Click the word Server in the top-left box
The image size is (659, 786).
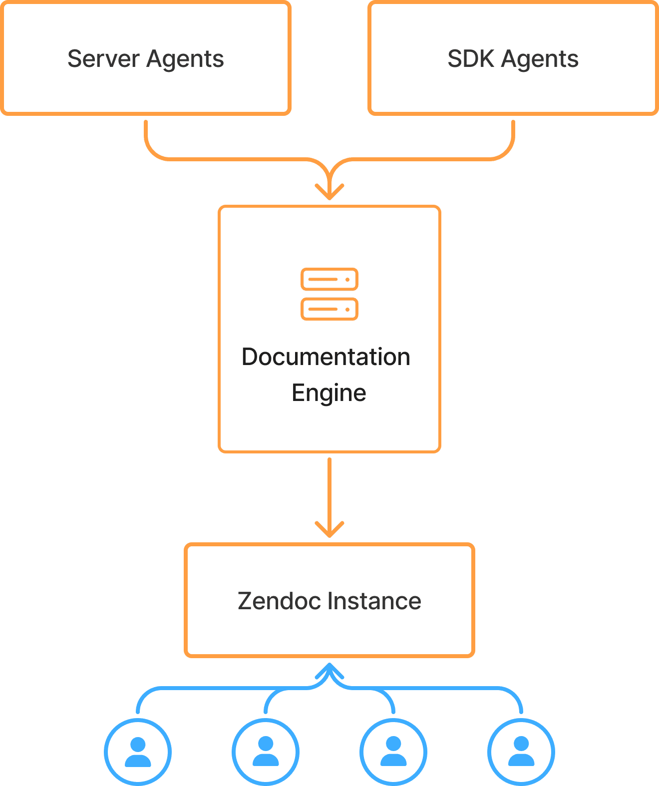(103, 59)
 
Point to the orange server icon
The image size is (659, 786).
(329, 294)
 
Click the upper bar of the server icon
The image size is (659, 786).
(329, 279)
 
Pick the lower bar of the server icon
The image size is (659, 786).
(329, 309)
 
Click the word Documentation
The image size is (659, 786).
(326, 357)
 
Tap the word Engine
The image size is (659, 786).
(329, 393)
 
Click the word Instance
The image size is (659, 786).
(374, 601)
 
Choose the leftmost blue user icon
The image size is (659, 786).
(138, 752)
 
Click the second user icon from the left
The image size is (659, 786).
(266, 752)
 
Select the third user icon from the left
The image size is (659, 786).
(393, 752)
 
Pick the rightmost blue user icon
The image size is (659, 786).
(521, 752)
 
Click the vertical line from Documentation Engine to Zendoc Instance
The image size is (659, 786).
(329, 489)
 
